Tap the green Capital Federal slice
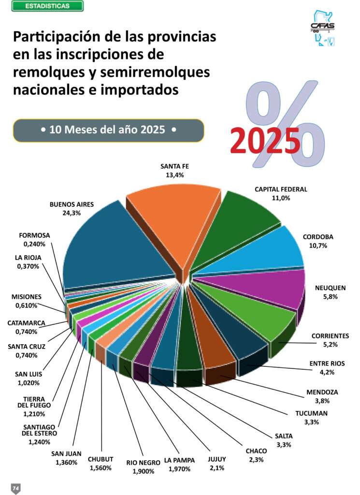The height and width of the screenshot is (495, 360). [x=237, y=222]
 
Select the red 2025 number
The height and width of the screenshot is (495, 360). [x=265, y=141]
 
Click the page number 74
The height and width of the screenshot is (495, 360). [x=15, y=488]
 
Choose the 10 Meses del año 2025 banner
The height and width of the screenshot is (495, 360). [x=108, y=130]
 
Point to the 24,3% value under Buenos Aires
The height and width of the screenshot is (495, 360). [x=72, y=212]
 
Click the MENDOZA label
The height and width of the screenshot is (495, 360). [x=322, y=392]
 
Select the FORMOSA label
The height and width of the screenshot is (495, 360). [x=34, y=236]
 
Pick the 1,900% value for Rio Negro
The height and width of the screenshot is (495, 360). [x=140, y=471]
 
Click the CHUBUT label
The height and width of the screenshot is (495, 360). [x=101, y=459]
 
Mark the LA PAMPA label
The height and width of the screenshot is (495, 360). [x=179, y=460]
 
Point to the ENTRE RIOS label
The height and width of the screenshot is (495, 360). [x=328, y=364]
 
